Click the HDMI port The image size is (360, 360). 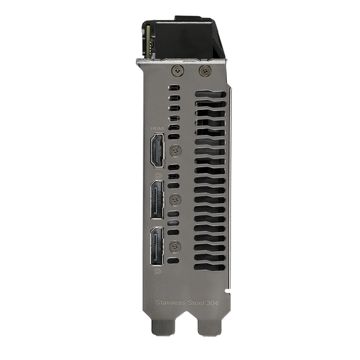pyautogui.click(x=157, y=151)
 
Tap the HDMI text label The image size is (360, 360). pyautogui.click(x=157, y=128)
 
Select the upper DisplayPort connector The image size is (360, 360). pyautogui.click(x=157, y=200)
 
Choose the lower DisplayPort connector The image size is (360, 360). pyautogui.click(x=157, y=247)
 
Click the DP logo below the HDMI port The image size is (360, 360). pyautogui.click(x=158, y=176)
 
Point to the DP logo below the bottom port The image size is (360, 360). pyautogui.click(x=158, y=271)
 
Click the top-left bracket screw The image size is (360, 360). pyautogui.click(x=178, y=70)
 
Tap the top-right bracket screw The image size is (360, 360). pyautogui.click(x=205, y=70)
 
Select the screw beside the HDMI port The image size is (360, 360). pyautogui.click(x=175, y=151)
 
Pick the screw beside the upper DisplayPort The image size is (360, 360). pyautogui.click(x=175, y=199)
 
